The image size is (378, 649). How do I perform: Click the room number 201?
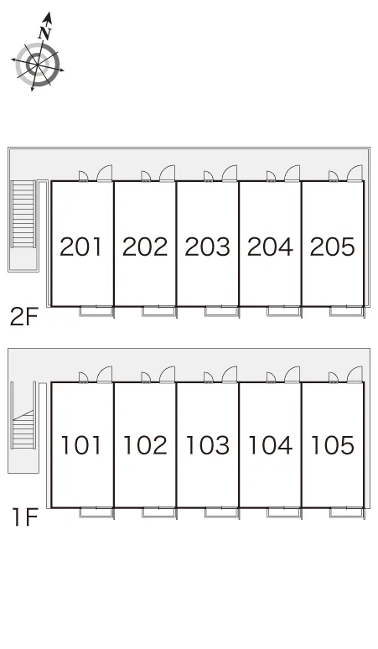[x=80, y=247]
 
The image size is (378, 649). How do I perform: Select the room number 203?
[x=207, y=247]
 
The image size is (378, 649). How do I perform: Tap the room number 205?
[x=333, y=247]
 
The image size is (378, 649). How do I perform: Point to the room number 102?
[x=145, y=445]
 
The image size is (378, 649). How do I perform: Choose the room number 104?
[x=270, y=445]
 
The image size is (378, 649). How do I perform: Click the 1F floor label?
[x=25, y=517]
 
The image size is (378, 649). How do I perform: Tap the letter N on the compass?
[x=45, y=33]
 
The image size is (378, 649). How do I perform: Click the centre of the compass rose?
[x=38, y=65]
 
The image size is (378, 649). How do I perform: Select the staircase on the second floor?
[x=23, y=214]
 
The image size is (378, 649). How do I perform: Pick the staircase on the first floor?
[x=23, y=429]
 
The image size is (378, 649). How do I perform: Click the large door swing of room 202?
[x=168, y=173]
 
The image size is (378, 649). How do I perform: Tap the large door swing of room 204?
[x=293, y=173]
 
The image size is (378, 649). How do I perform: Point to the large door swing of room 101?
[x=105, y=374]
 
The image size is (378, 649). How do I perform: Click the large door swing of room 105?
[x=355, y=374]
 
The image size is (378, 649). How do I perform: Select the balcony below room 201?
[x=96, y=311]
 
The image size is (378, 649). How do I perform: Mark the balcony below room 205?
[x=346, y=311]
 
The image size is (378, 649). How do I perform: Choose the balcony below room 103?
[x=221, y=512]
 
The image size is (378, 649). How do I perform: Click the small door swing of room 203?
[x=209, y=176]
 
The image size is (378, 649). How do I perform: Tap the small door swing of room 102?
[x=146, y=377]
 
